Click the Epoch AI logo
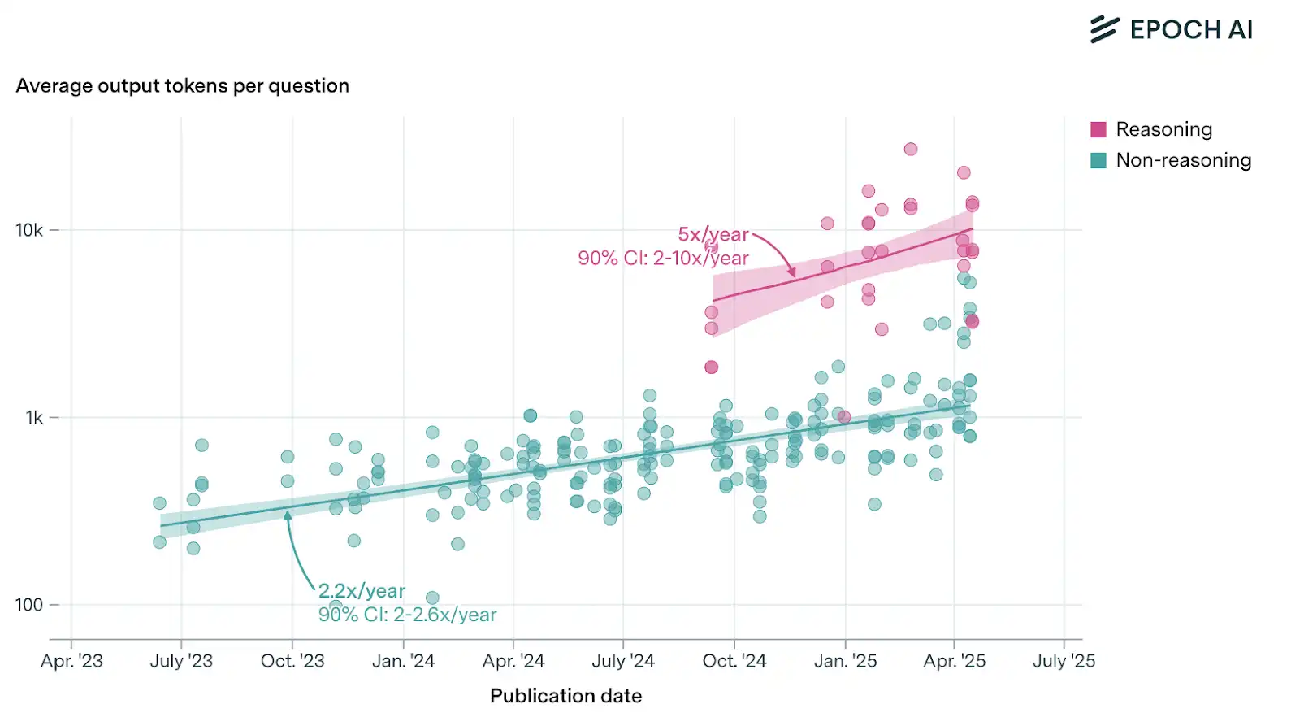1171,29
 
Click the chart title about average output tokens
183,86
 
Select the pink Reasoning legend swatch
1098,129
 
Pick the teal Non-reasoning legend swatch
1098,160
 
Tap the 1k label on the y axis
34,418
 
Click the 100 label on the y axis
29,605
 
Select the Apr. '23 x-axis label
71,661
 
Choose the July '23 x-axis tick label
181,661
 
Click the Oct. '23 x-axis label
292,661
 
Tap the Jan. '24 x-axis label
403,661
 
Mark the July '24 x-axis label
623,661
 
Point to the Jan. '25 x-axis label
845,661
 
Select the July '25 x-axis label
1064,661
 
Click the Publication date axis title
565,696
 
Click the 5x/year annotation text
713,235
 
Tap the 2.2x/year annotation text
362,591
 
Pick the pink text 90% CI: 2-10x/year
663,259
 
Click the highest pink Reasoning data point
911,150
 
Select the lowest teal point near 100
432,598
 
